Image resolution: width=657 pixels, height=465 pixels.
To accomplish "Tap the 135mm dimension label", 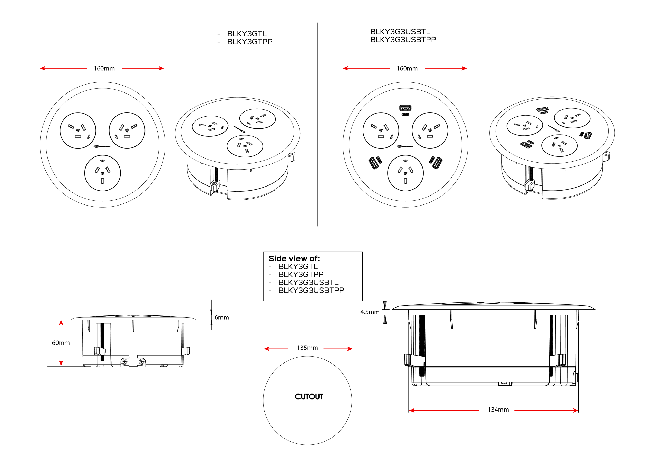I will (307, 348).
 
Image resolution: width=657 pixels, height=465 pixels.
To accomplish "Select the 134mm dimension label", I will (498, 410).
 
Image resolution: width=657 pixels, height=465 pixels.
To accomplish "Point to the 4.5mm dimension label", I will (370, 312).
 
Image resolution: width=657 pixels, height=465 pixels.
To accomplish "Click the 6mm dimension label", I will (221, 317).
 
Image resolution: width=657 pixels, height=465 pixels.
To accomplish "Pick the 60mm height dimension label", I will (61, 343).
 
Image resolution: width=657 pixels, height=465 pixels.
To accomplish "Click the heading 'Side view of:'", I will (294, 258).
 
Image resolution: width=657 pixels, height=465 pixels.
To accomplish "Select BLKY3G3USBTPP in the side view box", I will (311, 290).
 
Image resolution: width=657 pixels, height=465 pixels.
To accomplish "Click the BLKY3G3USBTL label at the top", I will (400, 31).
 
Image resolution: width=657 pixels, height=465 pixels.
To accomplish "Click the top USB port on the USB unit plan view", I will (405, 108).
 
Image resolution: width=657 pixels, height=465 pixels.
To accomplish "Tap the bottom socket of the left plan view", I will (102, 173).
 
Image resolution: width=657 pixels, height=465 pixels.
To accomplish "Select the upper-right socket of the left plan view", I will (127, 130).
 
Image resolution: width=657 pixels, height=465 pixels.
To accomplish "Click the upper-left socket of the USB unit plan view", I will (381, 130).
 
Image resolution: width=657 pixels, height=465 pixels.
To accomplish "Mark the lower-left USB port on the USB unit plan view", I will (373, 163).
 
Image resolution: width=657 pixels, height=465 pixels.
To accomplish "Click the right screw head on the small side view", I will (142, 362).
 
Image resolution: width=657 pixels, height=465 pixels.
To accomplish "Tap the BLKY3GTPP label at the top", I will (249, 42).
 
